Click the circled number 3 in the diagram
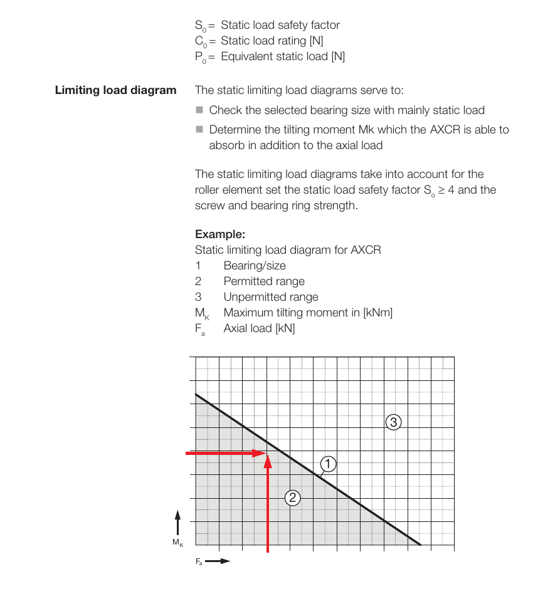point(393,422)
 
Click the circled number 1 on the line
point(328,464)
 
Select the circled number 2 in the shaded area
point(292,498)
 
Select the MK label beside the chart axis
point(177,543)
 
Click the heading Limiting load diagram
point(116,90)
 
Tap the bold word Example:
point(220,234)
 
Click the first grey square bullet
point(199,110)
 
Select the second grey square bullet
point(199,129)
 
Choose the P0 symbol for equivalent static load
point(200,57)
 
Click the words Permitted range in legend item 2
point(264,281)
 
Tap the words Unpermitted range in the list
point(271,297)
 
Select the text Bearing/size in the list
point(255,266)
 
